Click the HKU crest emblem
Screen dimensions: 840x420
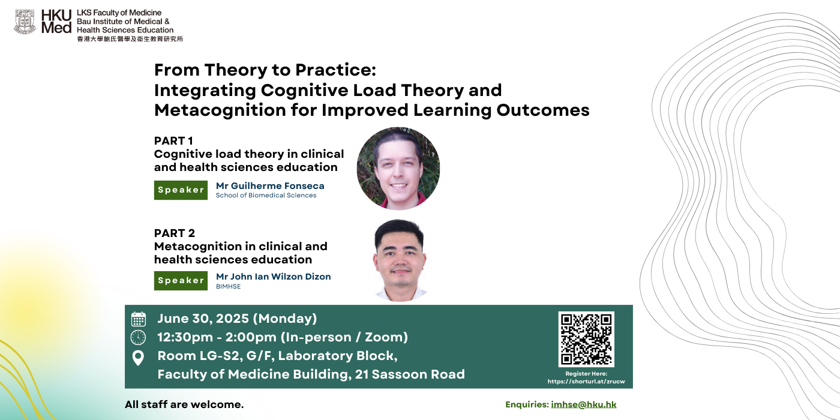(25, 22)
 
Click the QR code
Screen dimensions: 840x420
(586, 339)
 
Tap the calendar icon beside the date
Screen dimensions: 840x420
(139, 319)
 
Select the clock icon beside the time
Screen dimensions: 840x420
(138, 337)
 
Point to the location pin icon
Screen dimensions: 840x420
(138, 358)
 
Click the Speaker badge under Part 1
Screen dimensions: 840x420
(181, 190)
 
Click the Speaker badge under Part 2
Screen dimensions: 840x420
(181, 281)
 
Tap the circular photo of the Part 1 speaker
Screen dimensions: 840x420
(398, 169)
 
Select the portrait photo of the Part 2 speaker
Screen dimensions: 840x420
(400, 260)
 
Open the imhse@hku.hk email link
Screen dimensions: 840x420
(583, 404)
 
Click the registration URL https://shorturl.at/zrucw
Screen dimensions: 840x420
(586, 382)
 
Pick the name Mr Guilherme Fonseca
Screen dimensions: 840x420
(270, 186)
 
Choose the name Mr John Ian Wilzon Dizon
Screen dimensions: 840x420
(274, 277)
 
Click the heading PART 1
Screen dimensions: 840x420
(173, 141)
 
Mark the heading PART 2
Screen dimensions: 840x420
(175, 233)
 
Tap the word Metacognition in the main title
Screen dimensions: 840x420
(220, 110)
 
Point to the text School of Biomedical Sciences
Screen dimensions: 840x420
(266, 196)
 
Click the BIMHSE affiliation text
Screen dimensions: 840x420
(229, 287)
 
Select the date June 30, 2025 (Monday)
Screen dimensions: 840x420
(237, 319)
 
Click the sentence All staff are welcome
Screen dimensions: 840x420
(184, 404)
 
